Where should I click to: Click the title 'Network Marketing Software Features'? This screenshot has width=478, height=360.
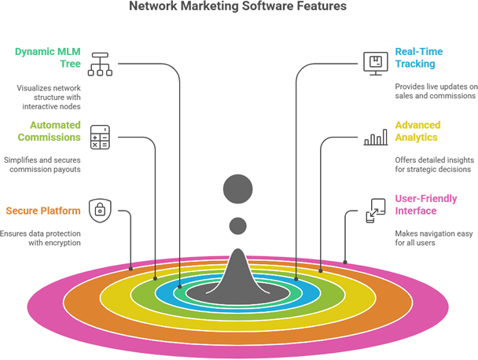click(x=237, y=6)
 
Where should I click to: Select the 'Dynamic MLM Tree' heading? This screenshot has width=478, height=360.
click(x=47, y=58)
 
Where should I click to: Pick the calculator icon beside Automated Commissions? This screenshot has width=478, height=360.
click(x=100, y=136)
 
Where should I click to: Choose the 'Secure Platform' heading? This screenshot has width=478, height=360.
click(x=42, y=211)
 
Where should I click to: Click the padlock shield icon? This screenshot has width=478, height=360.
click(x=100, y=209)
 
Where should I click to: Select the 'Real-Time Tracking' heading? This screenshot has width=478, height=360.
click(x=418, y=57)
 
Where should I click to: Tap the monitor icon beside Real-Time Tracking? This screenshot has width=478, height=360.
click(x=375, y=63)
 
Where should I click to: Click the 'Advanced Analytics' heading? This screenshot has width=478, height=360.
click(x=417, y=131)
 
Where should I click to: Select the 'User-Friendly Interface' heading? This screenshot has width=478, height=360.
click(x=425, y=205)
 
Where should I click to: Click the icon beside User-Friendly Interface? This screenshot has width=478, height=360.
click(x=375, y=210)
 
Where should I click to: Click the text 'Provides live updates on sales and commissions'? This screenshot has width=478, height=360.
click(x=435, y=90)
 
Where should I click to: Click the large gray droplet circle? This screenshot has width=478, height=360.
click(x=238, y=189)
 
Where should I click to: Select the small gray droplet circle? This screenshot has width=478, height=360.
click(x=238, y=226)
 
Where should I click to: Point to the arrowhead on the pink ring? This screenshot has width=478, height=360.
click(x=344, y=262)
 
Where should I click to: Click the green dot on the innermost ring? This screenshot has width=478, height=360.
click(x=180, y=290)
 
